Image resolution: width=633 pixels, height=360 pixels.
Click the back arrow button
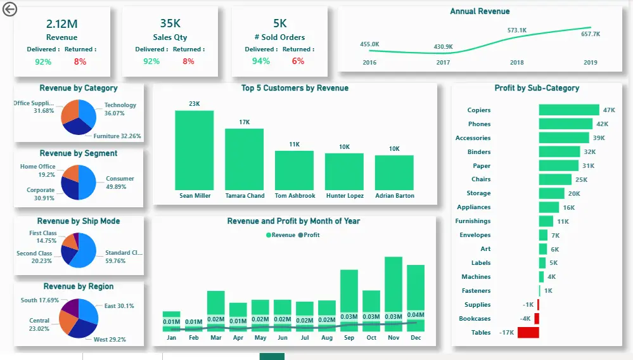(x=10, y=10)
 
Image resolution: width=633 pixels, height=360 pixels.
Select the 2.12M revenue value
(x=61, y=24)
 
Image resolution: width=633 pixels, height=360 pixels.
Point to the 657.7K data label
(x=590, y=34)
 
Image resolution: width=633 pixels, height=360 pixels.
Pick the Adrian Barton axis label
(x=394, y=196)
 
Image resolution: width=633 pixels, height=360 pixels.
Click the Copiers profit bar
(x=568, y=110)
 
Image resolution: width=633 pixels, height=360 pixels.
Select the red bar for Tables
(x=528, y=332)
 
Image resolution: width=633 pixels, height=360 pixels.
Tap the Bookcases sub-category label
(x=475, y=319)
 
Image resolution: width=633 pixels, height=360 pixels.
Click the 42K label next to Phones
(x=602, y=124)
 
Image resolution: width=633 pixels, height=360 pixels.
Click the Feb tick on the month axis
(x=194, y=338)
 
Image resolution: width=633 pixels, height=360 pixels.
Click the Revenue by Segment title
(x=79, y=153)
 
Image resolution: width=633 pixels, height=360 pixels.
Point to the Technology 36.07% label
(x=120, y=109)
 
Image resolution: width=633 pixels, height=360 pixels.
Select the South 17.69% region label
(x=39, y=300)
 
